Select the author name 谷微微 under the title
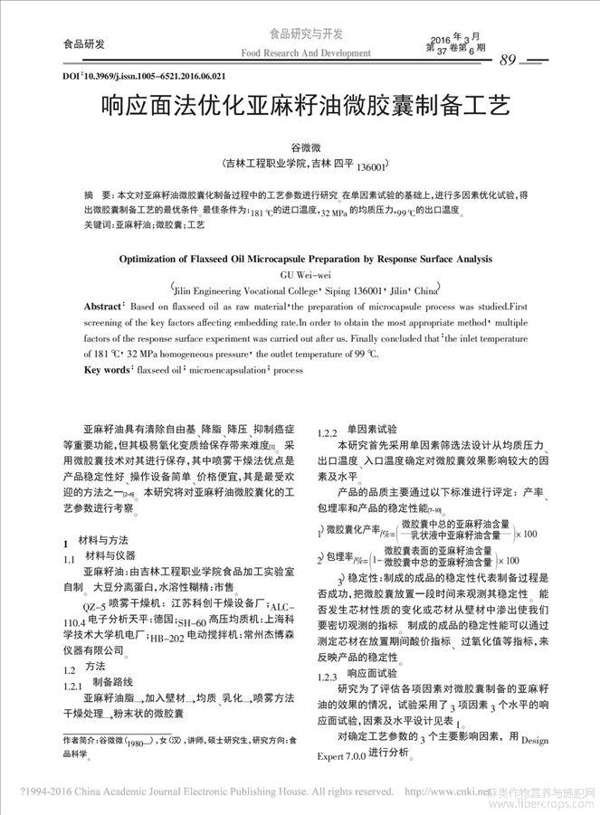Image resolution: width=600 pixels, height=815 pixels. (300, 147)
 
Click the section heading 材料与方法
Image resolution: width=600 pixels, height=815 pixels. (107, 540)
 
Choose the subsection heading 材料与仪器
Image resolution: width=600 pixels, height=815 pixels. (110, 554)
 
